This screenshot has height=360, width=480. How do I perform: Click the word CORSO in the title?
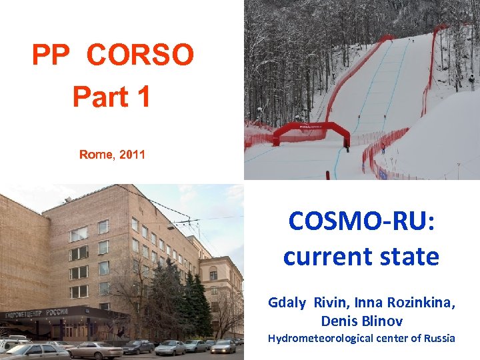coord(140,55)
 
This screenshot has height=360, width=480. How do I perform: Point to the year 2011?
coord(131,155)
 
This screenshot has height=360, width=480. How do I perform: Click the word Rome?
coord(96,155)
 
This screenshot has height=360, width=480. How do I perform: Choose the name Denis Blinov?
coord(362,321)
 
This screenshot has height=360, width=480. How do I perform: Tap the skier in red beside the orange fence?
coord(383,148)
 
